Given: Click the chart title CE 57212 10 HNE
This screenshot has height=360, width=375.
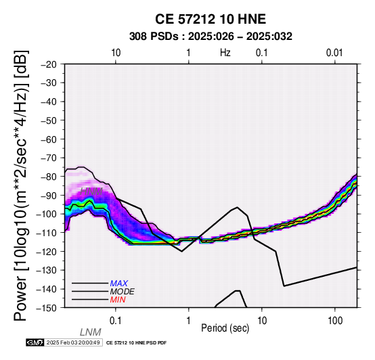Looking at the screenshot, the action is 211,19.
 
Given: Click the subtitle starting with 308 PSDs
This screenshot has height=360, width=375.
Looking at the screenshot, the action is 211,37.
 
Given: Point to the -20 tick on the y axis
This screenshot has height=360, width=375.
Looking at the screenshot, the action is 49,64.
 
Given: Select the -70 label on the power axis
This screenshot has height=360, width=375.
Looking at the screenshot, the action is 49,158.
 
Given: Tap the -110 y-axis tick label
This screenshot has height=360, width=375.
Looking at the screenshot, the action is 47,233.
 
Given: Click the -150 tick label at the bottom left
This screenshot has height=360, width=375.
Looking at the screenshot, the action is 47,308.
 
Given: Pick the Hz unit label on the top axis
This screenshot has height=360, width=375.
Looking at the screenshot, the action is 225,53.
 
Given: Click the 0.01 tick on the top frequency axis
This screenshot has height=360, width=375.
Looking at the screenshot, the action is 334,53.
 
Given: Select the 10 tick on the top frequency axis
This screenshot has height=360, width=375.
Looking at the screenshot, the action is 116,53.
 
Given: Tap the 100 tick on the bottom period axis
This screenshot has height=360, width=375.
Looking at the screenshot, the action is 335,321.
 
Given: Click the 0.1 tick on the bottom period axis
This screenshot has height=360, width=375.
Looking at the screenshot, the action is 115,321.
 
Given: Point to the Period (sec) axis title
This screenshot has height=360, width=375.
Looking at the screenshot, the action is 225,328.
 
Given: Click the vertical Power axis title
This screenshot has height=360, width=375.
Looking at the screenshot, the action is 20,185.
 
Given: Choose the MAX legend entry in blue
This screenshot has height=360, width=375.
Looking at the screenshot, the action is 119,284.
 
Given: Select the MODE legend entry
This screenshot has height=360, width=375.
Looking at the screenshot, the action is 123,292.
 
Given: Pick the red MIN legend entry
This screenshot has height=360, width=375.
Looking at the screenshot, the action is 118,300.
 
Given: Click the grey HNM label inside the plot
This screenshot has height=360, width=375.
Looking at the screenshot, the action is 91,192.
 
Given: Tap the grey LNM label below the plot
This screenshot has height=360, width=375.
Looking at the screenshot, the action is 91,332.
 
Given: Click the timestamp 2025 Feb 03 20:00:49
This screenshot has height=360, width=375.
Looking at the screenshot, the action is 73,342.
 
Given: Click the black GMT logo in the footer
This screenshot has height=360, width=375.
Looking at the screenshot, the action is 35,342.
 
